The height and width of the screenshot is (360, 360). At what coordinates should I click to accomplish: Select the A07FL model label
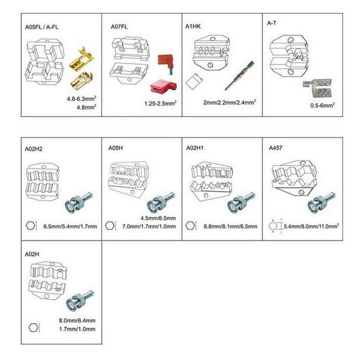[x=119, y=27]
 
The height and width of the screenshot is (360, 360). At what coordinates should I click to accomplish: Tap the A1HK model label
[x=193, y=27]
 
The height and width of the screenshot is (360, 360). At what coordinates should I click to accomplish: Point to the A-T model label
[x=272, y=22]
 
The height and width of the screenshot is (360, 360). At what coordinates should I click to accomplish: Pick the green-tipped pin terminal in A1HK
[x=239, y=77]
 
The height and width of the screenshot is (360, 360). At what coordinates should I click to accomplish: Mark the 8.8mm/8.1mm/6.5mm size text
[x=230, y=226]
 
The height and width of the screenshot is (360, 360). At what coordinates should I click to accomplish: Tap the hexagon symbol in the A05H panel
[x=110, y=226]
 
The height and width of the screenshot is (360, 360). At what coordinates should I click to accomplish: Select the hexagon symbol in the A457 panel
[x=273, y=226]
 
